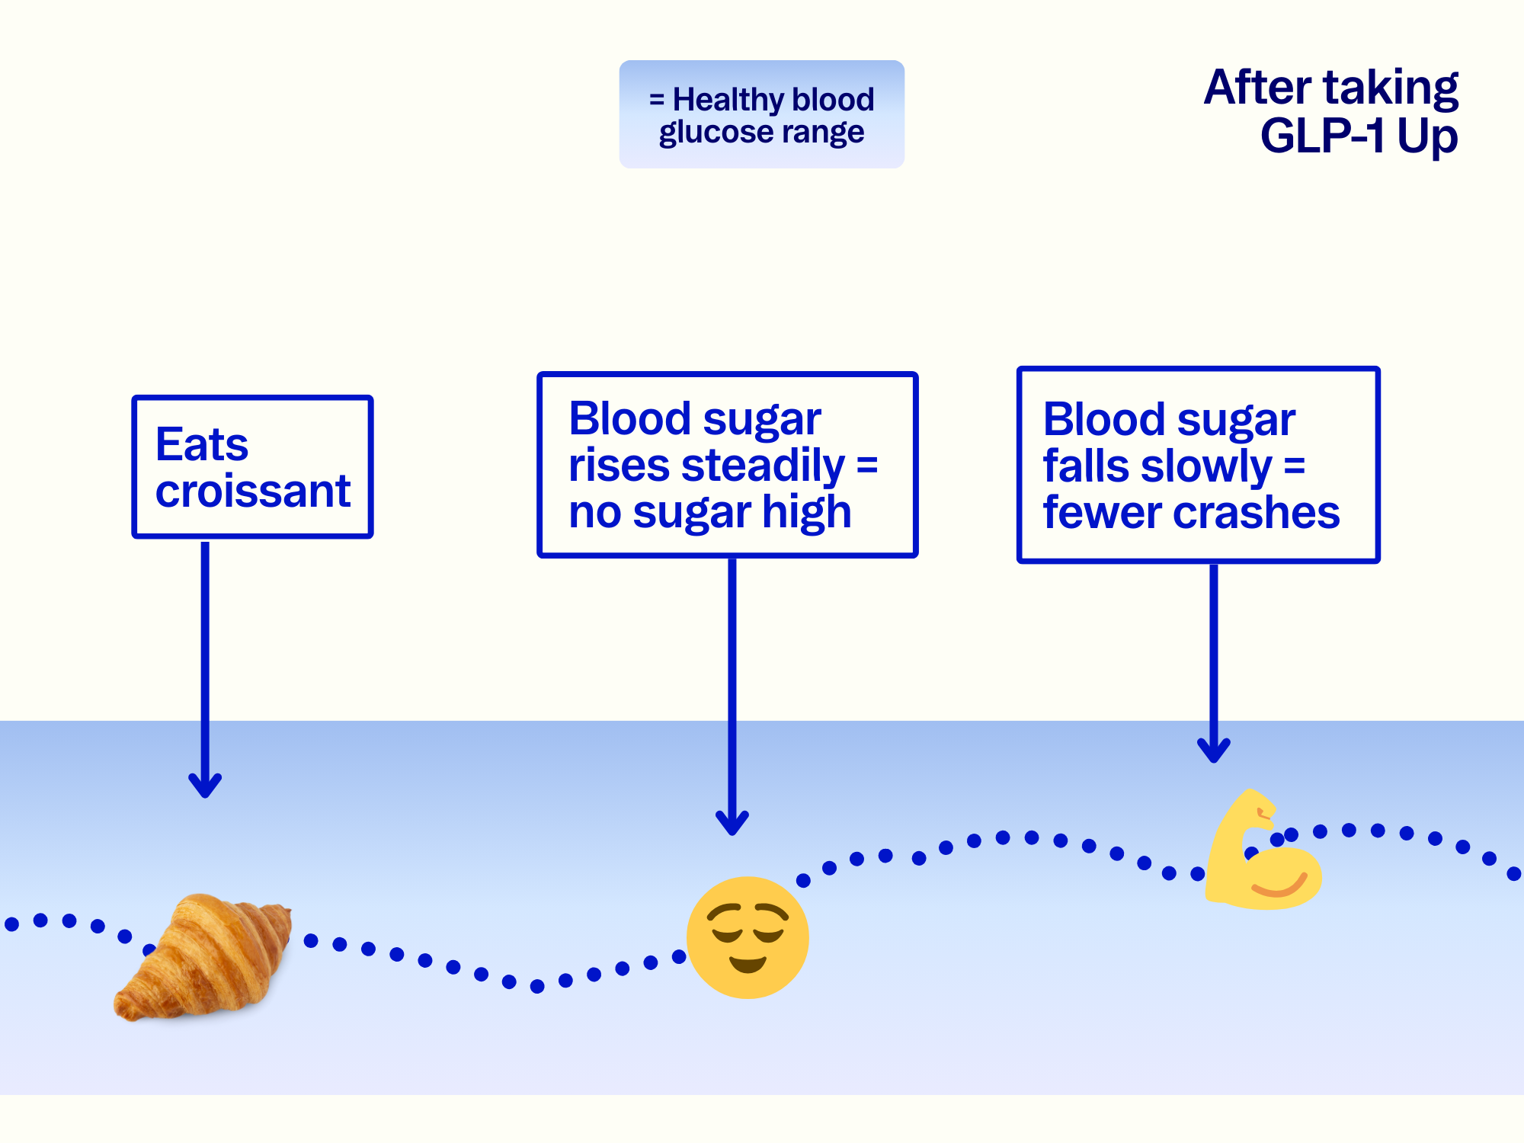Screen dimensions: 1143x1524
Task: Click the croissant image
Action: [x=204, y=959]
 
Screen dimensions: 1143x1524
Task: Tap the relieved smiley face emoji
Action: [x=747, y=937]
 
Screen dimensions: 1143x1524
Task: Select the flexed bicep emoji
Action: [x=1261, y=853]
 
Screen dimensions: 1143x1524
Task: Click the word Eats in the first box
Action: [x=202, y=444]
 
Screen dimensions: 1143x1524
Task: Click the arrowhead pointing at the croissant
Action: [x=205, y=786]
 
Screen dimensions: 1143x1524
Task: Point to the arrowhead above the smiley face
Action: [x=732, y=824]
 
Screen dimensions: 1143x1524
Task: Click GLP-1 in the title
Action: [x=1322, y=136]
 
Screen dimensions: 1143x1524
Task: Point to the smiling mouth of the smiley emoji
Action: [x=748, y=964]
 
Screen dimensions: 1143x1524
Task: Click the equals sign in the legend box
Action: [x=657, y=100]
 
